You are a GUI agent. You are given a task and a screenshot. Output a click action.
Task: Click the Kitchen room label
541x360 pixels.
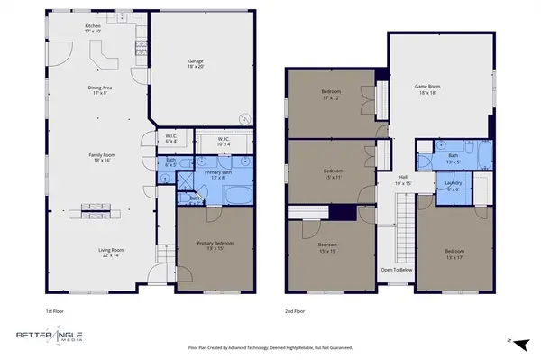point(93,27)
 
